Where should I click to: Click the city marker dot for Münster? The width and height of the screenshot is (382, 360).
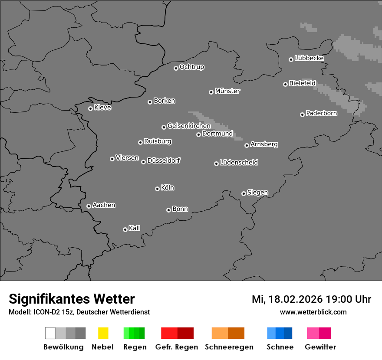click(211, 92)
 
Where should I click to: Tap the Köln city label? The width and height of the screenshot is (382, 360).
click(168, 188)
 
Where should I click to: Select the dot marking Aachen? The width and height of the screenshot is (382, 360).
click(89, 206)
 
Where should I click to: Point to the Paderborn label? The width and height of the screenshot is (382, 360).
click(321, 114)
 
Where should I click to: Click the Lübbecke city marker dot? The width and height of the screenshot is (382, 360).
click(291, 59)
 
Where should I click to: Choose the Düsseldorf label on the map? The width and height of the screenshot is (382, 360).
click(164, 160)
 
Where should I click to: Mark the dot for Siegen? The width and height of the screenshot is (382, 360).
click(244, 193)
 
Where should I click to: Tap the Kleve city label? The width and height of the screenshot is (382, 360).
click(102, 108)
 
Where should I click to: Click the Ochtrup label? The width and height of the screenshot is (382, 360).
click(192, 67)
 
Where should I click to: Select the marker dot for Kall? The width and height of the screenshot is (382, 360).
click(125, 229)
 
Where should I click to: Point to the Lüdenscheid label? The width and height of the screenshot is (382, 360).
click(239, 163)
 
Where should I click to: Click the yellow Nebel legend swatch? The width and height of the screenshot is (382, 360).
click(103, 333)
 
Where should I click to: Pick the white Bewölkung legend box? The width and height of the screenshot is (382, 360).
click(50, 333)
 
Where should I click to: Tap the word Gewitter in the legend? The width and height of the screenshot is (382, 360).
click(320, 347)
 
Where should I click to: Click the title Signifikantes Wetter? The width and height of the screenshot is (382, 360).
click(72, 299)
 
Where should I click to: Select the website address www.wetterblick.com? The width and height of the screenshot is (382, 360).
click(313, 312)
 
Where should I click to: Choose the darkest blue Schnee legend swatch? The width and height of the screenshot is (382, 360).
click(288, 333)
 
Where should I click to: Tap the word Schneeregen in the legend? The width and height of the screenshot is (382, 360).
click(229, 347)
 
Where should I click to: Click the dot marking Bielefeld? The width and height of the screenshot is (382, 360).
click(285, 84)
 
